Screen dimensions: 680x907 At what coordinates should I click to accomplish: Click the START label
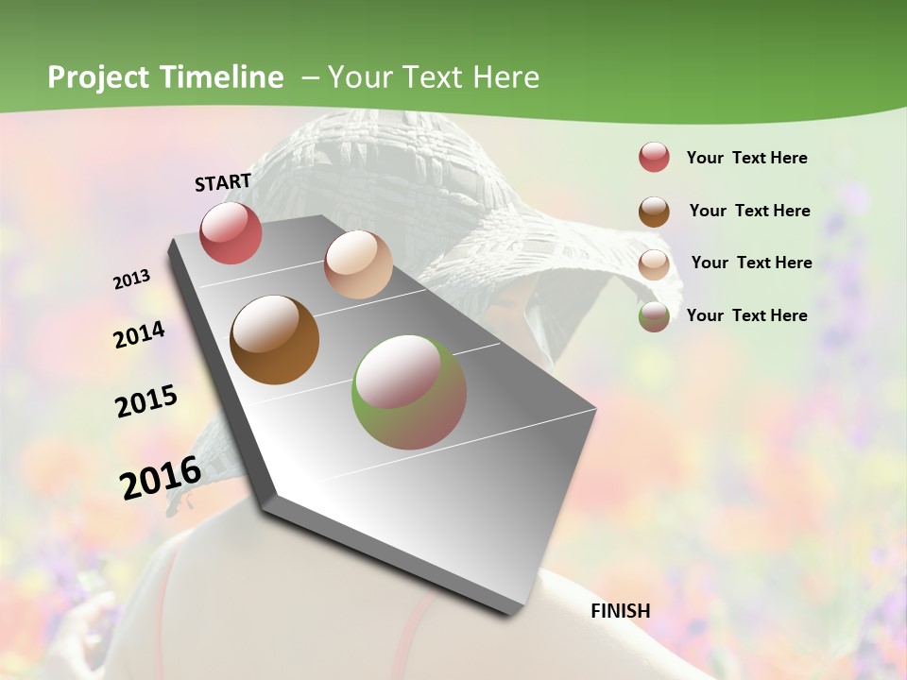coord(223,181)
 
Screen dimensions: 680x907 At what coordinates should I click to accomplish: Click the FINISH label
coord(620,611)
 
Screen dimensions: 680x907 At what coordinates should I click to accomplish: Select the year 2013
coord(132,280)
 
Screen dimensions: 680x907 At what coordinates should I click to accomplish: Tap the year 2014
coord(139,334)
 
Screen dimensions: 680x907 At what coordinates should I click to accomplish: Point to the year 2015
coord(146,401)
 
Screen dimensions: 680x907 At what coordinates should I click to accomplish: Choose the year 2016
coord(161,478)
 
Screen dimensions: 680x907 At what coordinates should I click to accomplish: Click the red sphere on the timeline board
coord(231,232)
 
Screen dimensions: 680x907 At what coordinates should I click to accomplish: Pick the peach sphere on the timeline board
coord(358,264)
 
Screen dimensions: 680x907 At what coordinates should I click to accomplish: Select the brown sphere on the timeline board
coord(274,339)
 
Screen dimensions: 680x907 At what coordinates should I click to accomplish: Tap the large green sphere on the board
coord(409,392)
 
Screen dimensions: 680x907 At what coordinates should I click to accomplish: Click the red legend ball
coord(654,158)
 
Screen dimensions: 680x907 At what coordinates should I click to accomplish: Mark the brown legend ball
coord(654,212)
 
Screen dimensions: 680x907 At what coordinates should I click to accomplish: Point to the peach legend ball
coord(654,264)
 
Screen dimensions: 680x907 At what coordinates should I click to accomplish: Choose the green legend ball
coord(654,316)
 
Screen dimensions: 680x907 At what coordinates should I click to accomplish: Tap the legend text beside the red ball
coord(746,158)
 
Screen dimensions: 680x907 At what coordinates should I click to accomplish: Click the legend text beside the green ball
coord(746,315)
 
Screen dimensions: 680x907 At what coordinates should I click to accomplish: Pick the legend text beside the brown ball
coord(749,211)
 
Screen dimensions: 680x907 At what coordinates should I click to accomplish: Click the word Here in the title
coord(506,77)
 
